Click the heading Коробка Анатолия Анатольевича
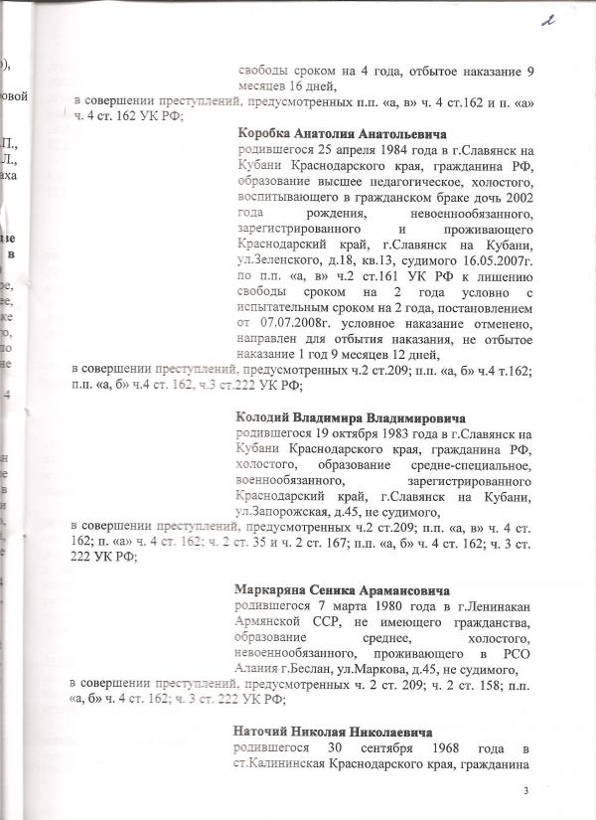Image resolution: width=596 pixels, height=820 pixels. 338,133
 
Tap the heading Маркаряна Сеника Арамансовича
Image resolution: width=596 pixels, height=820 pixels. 343,589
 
